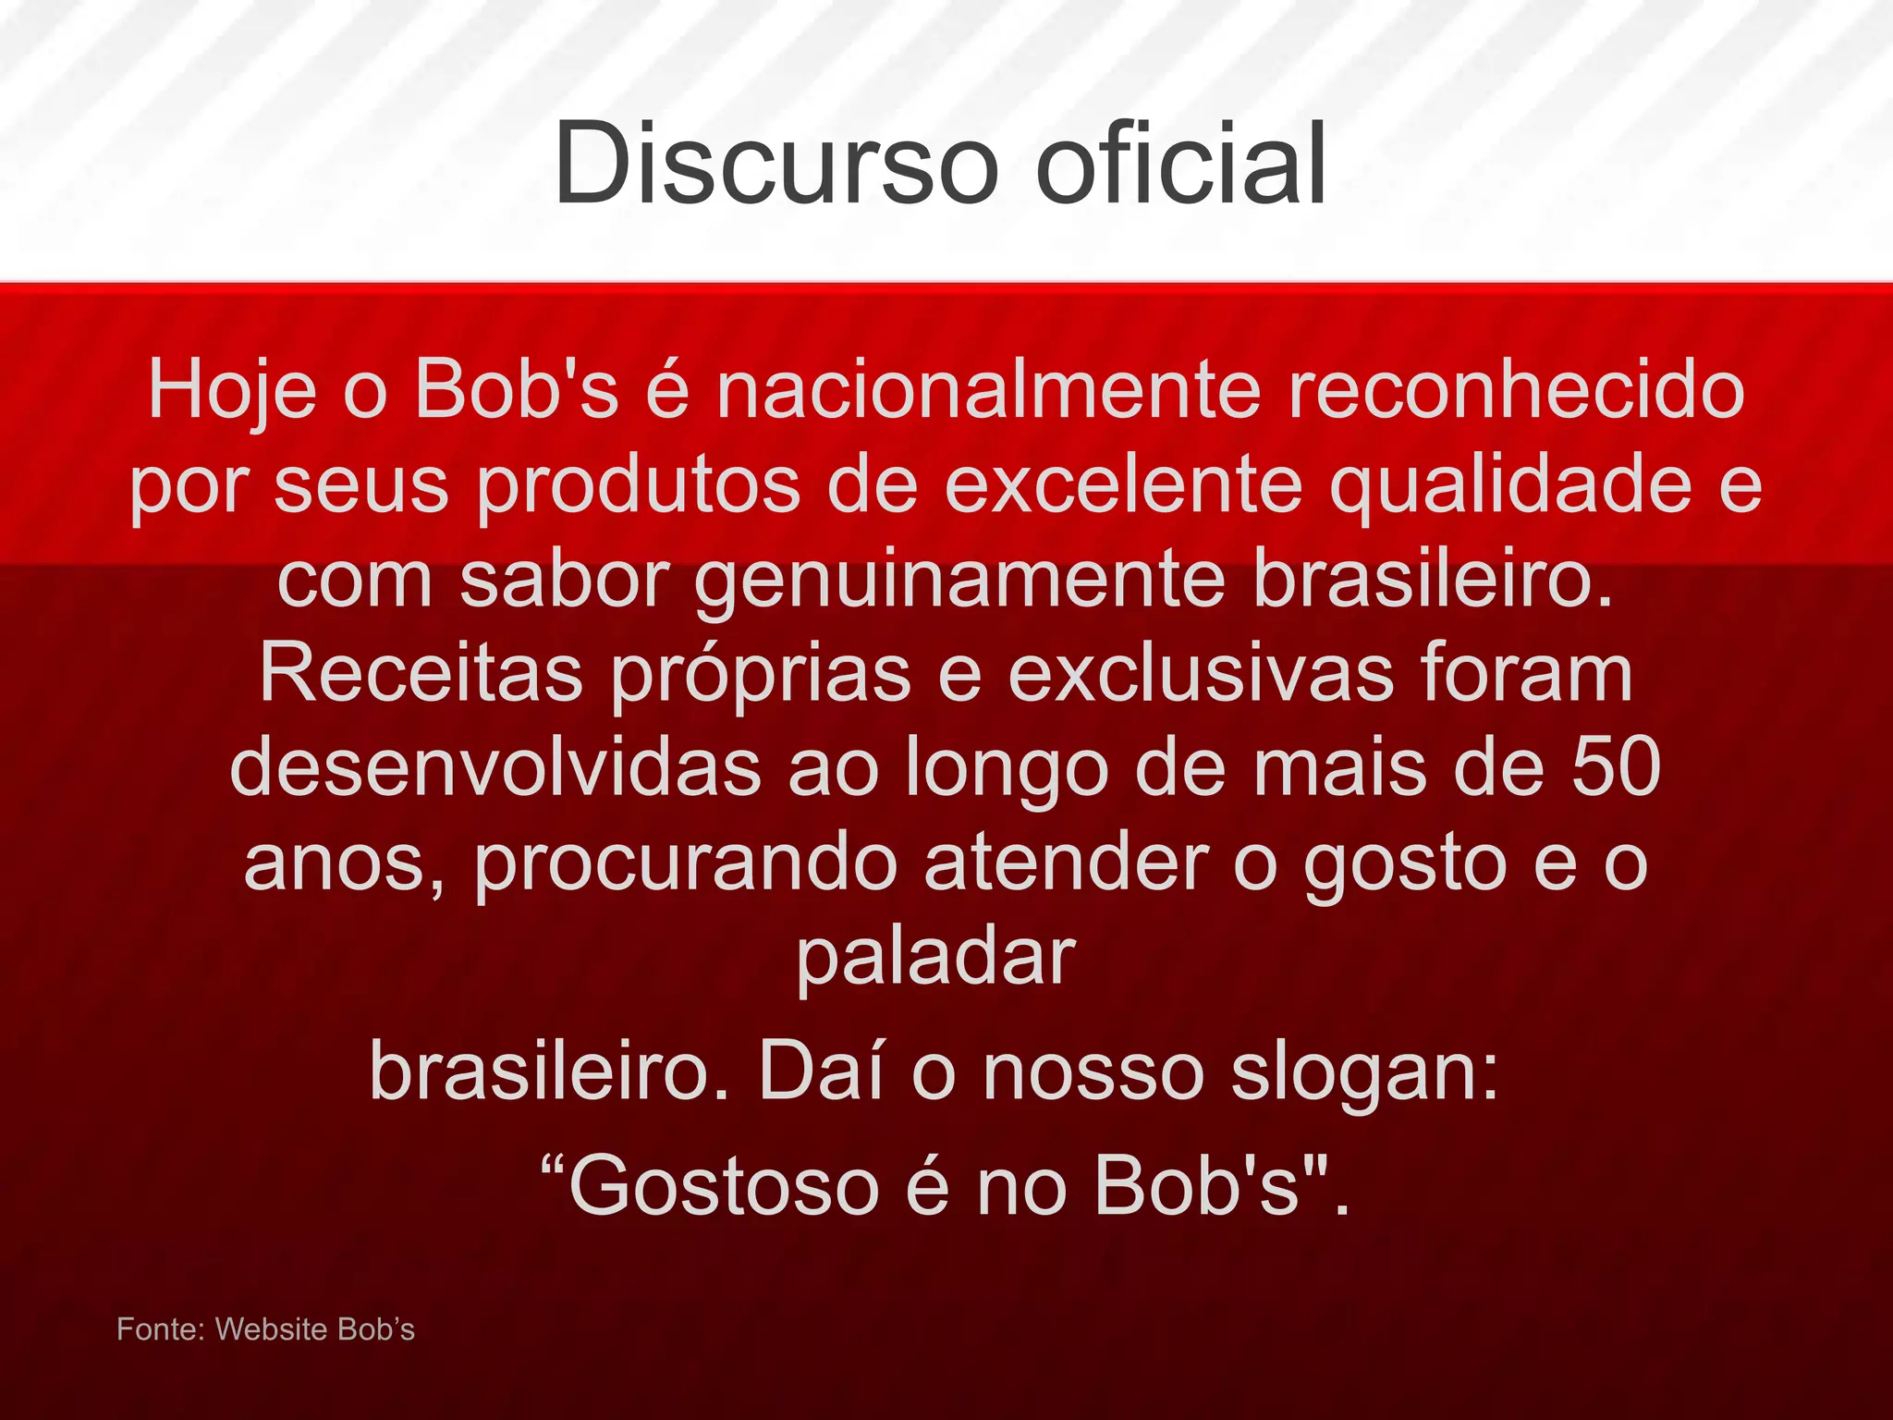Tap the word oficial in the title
tap(1181, 164)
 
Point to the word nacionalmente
tap(988, 389)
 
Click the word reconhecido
tap(1516, 389)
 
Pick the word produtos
tap(638, 485)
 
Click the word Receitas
tap(421, 672)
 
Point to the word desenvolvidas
tap(495, 766)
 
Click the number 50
tap(1617, 766)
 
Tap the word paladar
tap(936, 957)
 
